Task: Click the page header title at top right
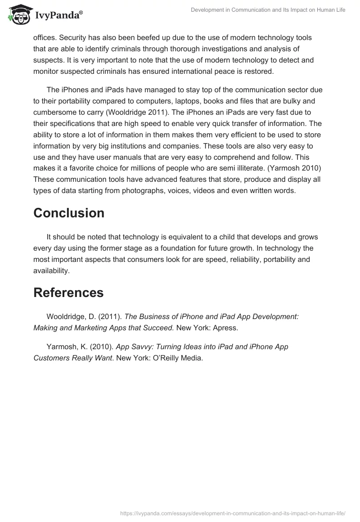pyautogui.click(x=268, y=10)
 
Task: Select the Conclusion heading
pyautogui.click(x=69, y=213)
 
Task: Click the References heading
pyautogui.click(x=68, y=292)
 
